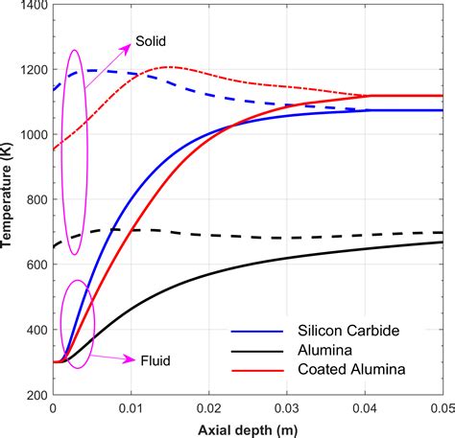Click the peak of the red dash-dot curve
(169, 67)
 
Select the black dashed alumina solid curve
(240, 236)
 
